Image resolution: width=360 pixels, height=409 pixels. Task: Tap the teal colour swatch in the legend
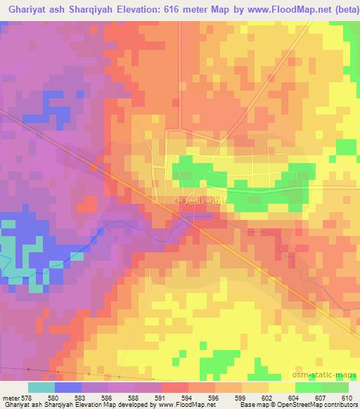point(41,387)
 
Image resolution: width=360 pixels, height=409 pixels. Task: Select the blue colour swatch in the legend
point(67,387)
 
